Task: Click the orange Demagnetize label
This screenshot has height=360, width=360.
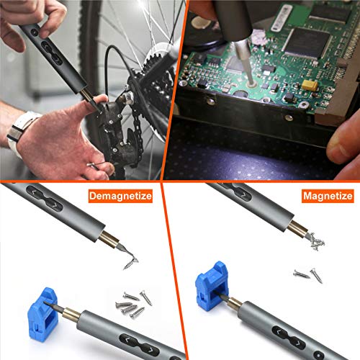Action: pos(122,195)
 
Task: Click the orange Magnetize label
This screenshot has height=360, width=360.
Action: pos(327,195)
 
